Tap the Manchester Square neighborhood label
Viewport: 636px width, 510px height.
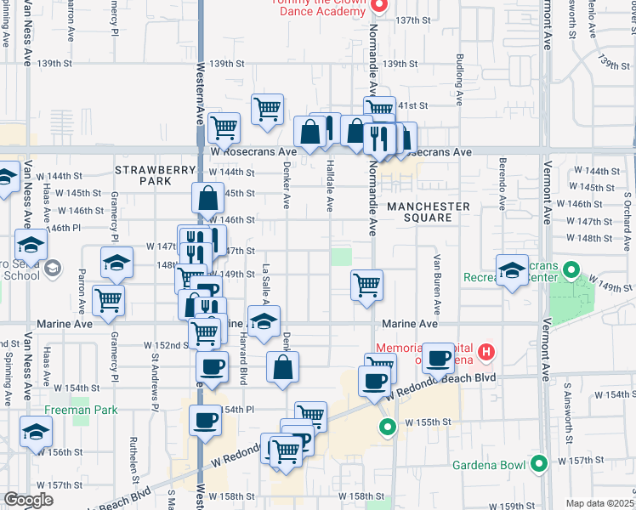pos(429,212)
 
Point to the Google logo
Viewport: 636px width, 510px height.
pos(27,500)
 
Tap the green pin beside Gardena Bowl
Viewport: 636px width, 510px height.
pos(538,464)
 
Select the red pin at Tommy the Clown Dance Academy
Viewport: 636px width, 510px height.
pos(380,5)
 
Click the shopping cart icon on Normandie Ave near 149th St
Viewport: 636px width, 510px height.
pos(366,285)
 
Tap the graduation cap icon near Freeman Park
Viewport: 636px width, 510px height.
pos(37,434)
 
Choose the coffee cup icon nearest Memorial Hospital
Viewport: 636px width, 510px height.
pos(439,358)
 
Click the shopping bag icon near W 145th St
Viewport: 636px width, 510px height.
pos(208,199)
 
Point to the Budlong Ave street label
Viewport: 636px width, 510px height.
pos(460,82)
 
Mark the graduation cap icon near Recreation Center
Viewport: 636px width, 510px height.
pos(513,271)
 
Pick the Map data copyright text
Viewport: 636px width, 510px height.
pos(599,503)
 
